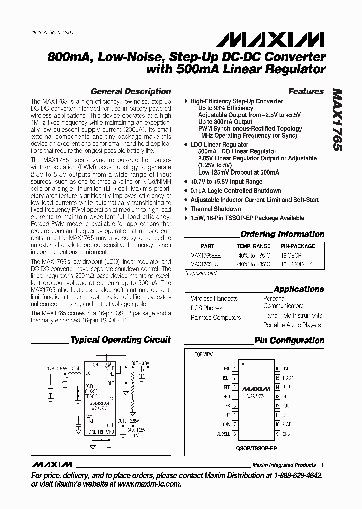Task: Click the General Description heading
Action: point(131,92)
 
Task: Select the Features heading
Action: point(306,92)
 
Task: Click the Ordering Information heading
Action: point(283,234)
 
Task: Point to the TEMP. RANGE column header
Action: point(254,246)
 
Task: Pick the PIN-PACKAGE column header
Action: point(298,246)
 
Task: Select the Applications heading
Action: point(299,289)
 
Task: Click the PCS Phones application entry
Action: point(207,308)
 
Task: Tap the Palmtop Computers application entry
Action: point(216,318)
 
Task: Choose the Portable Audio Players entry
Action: point(292,325)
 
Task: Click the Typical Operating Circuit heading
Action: point(121,340)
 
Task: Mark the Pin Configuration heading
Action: point(289,341)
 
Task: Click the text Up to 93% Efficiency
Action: point(226,108)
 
